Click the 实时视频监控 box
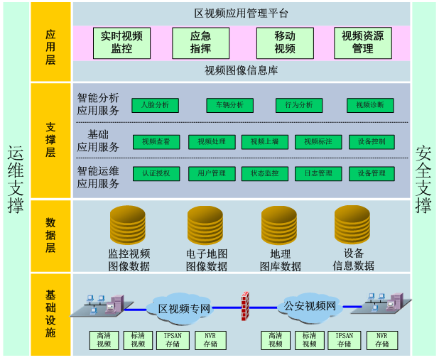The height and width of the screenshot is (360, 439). click(121, 43)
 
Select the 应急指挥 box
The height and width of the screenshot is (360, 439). click(200, 43)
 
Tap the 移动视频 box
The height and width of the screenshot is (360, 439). click(285, 43)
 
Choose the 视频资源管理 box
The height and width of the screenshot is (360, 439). click(362, 43)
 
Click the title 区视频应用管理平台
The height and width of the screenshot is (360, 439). click(242, 13)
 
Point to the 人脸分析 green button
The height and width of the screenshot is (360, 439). click(155, 105)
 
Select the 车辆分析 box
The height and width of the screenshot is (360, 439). click(229, 105)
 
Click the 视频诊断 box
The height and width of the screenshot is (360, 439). click(370, 105)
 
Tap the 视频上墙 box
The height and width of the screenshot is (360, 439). click(265, 142)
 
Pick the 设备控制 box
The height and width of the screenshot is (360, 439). click(372, 142)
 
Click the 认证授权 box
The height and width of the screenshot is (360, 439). click(155, 174)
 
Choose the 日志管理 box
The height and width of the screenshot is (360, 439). click(318, 174)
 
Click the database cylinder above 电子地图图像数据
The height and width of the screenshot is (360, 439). click(205, 225)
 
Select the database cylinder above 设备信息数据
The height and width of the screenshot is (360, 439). click(352, 224)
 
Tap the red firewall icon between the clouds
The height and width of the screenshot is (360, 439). click(246, 306)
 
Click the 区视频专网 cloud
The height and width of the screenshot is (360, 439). click(184, 308)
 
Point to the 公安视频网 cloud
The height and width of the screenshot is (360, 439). click(310, 307)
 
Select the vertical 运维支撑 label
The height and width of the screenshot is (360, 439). click(15, 180)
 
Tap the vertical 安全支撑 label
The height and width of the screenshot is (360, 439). click(423, 180)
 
